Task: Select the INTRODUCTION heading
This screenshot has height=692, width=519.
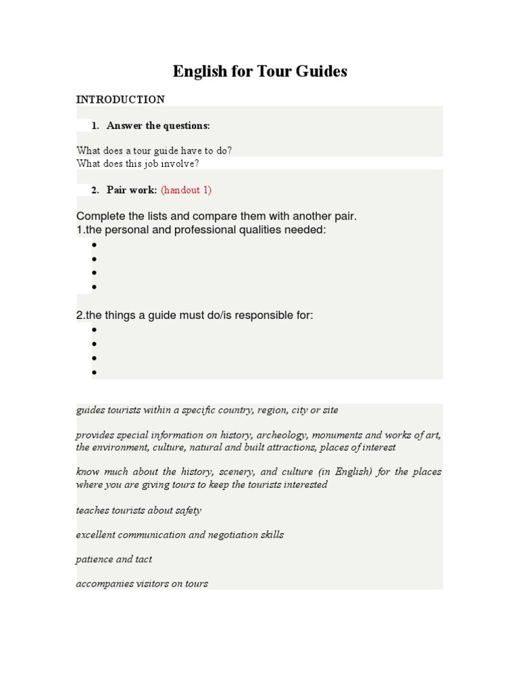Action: [120, 99]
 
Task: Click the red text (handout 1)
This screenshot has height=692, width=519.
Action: [186, 190]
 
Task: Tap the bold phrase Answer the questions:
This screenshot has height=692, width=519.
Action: [158, 126]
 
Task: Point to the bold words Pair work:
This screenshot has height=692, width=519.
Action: [132, 190]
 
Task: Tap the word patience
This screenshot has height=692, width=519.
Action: [95, 560]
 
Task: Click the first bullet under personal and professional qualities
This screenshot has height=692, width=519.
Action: [95, 245]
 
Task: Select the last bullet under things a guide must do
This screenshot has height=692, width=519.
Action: [95, 372]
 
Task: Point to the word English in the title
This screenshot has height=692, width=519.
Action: [199, 71]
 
